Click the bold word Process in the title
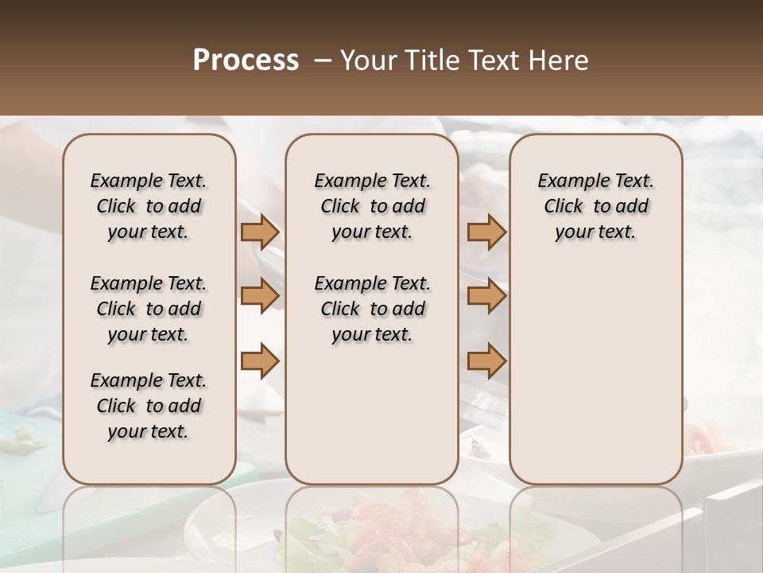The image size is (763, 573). click(x=246, y=60)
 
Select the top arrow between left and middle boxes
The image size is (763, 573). click(x=260, y=232)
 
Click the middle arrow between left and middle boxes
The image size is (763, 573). click(x=260, y=297)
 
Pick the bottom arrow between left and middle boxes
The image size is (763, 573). click(x=260, y=361)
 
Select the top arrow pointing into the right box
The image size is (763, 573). click(x=486, y=232)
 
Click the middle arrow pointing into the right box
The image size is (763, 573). click(x=486, y=297)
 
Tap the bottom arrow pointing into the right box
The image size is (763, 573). click(x=486, y=361)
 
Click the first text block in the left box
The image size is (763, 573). click(x=149, y=206)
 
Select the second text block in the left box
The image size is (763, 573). click(x=149, y=309)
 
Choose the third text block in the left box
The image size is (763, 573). click(x=149, y=406)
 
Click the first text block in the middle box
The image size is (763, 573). click(x=372, y=206)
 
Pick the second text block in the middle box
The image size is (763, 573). click(x=372, y=309)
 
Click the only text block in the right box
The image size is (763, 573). click(x=595, y=206)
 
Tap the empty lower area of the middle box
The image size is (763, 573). click(x=372, y=414)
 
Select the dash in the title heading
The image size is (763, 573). click(x=323, y=60)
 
